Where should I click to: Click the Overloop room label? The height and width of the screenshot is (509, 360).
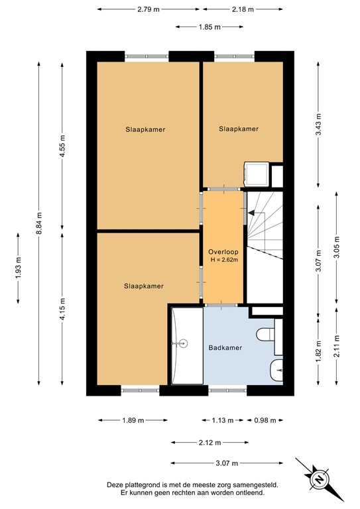pos(223,252)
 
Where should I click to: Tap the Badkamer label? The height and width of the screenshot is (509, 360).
pos(225,347)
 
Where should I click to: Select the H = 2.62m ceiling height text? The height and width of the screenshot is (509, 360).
pos(223,260)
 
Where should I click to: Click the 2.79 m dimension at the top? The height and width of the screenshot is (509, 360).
pos(151,9)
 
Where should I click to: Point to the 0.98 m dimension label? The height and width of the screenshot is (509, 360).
pos(265,420)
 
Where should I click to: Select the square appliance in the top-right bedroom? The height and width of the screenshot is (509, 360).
pos(256,174)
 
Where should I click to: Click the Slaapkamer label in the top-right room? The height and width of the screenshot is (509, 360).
pos(239,129)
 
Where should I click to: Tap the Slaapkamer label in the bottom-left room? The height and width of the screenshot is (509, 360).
pos(143,286)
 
